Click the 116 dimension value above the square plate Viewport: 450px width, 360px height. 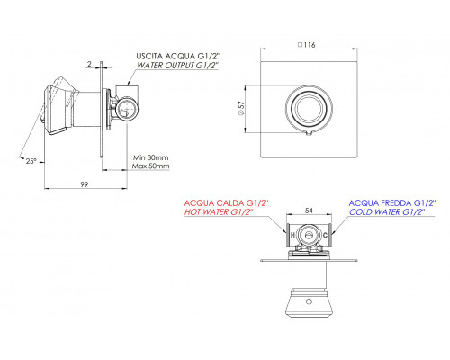(310, 45)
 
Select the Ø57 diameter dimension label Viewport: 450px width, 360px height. (241, 108)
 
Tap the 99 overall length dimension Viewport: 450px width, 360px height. (85, 184)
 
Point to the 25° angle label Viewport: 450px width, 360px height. (31, 161)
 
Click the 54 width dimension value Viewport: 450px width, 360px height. (309, 211)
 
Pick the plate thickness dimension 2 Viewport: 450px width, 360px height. (89, 64)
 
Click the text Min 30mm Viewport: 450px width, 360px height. (151, 157)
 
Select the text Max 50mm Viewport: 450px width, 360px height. (151, 166)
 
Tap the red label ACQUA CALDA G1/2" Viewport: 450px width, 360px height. (226, 203)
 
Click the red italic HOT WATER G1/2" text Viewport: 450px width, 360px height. (219, 212)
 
